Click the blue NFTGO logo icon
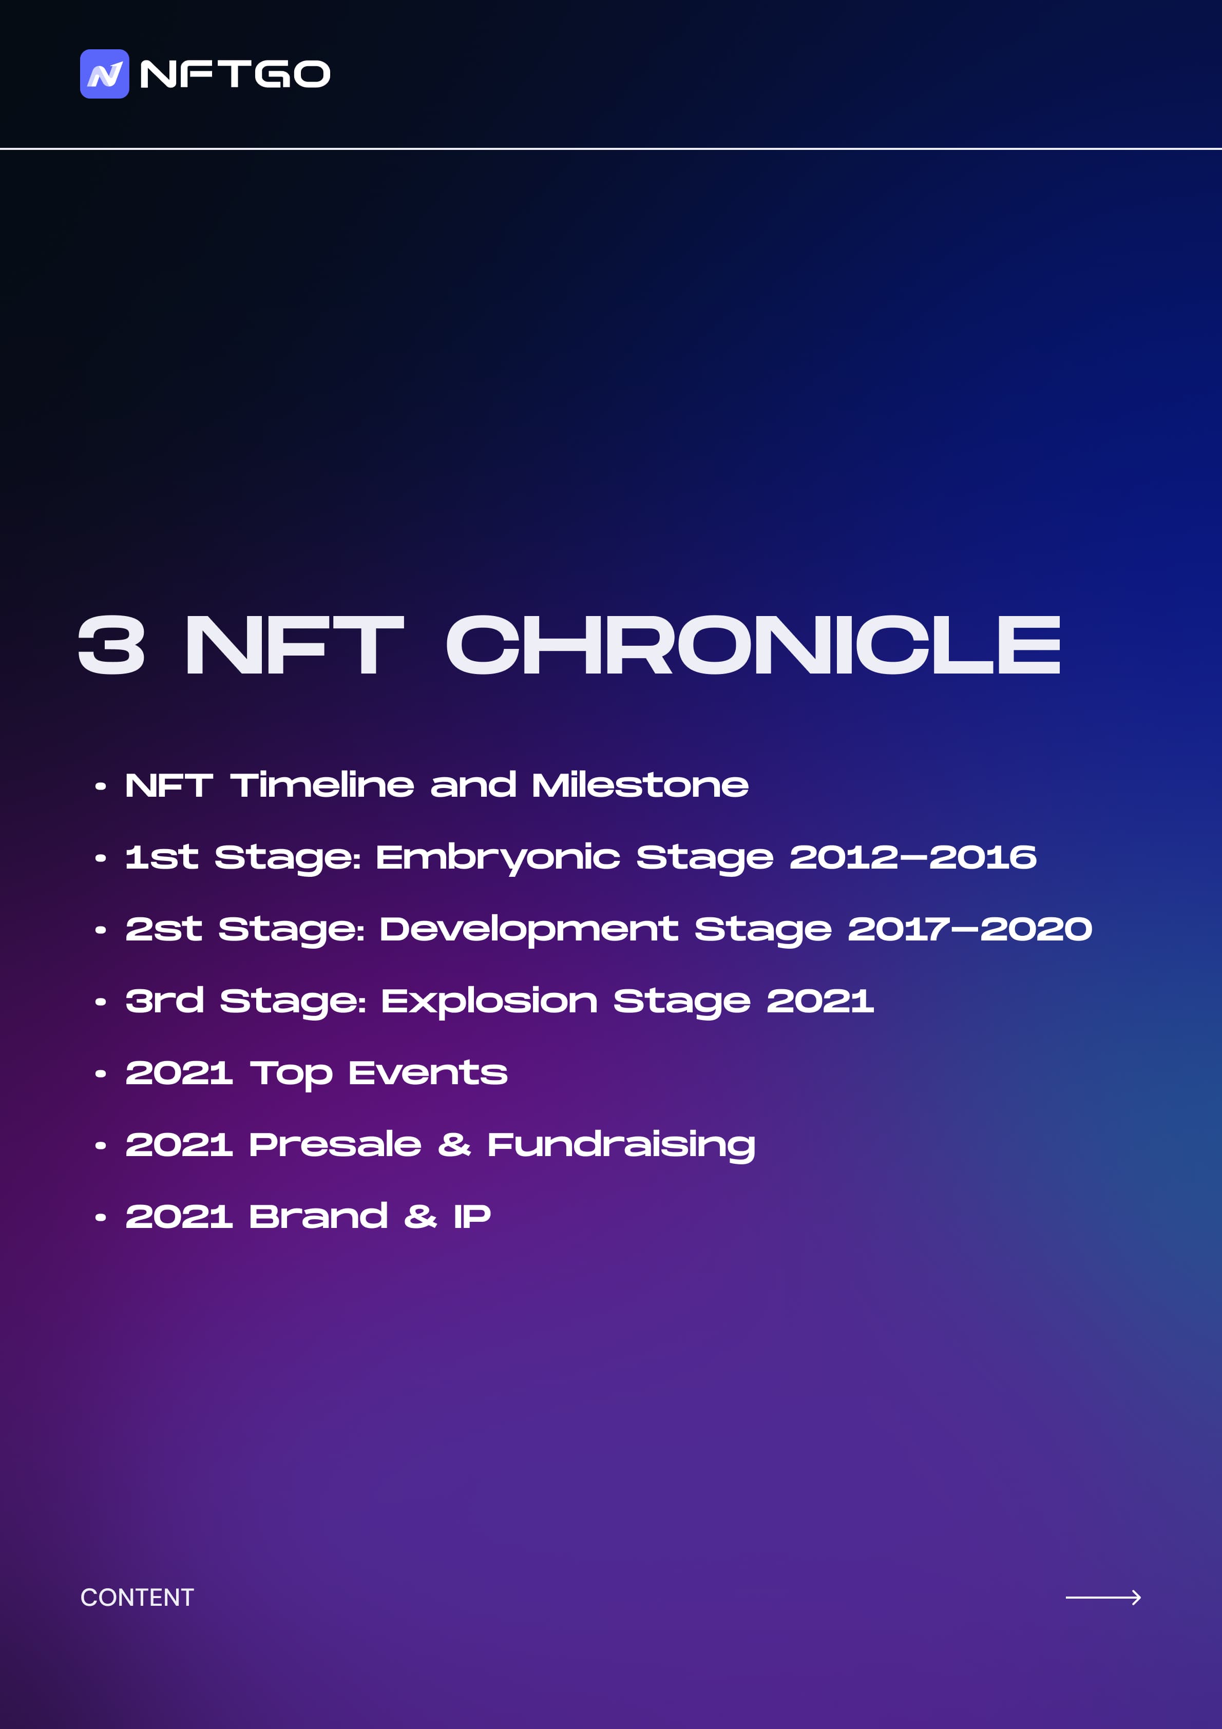105,74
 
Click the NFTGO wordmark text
235,74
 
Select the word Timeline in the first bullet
322,785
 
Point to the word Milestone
640,785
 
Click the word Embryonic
498,858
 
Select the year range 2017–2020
970,929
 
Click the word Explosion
490,1002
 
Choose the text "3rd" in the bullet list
164,1001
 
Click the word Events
428,1072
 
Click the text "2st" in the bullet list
163,929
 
